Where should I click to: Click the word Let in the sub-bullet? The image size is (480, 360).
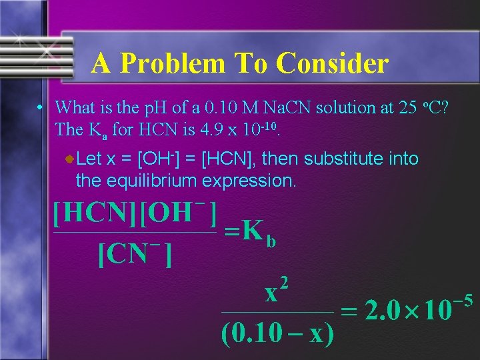(89, 159)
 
